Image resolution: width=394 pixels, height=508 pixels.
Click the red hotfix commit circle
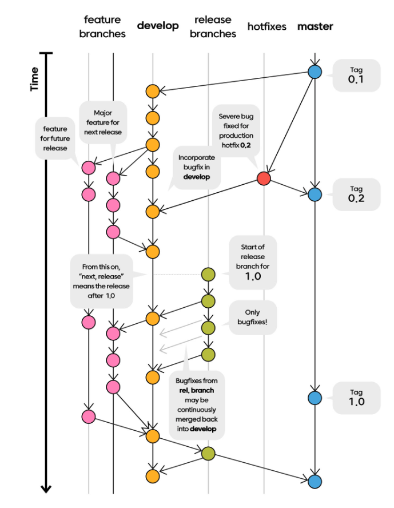tap(264, 178)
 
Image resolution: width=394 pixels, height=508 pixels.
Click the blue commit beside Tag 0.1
tap(314, 72)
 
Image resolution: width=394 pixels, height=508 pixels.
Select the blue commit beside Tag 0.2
tap(314, 195)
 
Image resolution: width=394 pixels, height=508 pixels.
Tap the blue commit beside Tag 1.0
tap(314, 398)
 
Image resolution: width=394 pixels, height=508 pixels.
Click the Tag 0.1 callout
tap(356, 75)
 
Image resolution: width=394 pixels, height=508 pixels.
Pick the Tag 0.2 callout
tap(356, 194)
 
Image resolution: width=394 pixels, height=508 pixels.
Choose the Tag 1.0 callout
tap(356, 397)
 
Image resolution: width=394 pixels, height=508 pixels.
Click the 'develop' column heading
tap(158, 26)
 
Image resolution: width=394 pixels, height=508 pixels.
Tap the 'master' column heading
tap(315, 26)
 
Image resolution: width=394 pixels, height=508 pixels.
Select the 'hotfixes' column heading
tap(267, 26)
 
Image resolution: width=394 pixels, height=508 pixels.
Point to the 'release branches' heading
tap(213, 27)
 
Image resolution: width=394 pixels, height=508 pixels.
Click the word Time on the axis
tap(35, 79)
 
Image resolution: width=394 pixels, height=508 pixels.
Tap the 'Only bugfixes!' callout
tap(252, 318)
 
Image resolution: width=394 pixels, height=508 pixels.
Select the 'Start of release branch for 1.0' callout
tap(252, 261)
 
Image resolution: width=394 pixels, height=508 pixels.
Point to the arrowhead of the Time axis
tap(46, 489)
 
